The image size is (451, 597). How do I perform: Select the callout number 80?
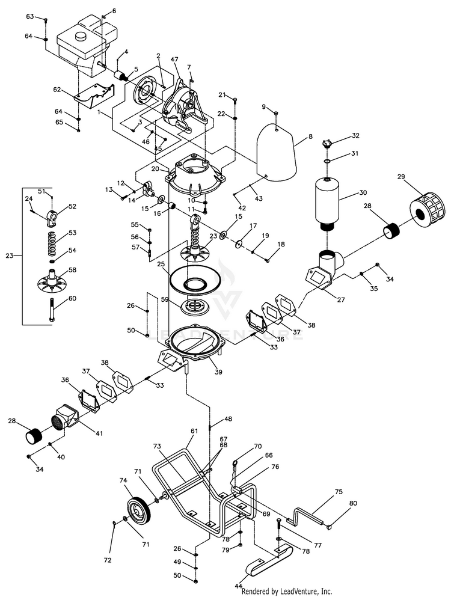(x=353, y=503)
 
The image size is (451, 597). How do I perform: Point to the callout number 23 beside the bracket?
(x=9, y=256)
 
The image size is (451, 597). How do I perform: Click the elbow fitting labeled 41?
(x=66, y=416)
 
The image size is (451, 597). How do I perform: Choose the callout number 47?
(x=176, y=61)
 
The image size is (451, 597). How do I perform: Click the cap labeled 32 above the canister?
(x=327, y=143)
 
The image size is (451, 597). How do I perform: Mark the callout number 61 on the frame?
(x=194, y=432)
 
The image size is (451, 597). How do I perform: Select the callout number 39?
(x=218, y=372)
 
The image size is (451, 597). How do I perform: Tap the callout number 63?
(x=29, y=16)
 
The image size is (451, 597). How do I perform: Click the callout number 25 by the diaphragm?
(x=161, y=264)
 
